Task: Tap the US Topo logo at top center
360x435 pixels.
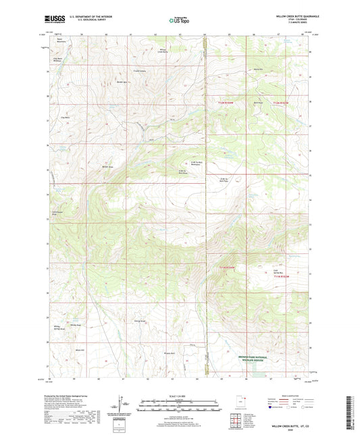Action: [x=179, y=20]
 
